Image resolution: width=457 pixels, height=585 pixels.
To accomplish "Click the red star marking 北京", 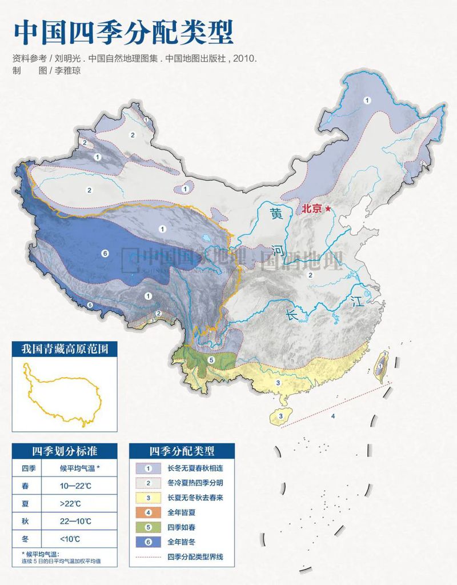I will [328, 210].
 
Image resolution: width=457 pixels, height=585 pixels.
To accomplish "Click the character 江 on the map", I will [358, 302].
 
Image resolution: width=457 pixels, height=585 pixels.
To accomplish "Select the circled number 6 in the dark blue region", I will [105, 253].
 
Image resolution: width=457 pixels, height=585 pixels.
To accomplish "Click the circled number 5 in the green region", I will [211, 359].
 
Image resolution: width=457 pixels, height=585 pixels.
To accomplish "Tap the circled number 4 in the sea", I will [332, 416].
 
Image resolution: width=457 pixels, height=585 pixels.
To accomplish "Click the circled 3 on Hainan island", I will [280, 416].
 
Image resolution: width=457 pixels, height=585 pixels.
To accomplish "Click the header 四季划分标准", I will [65, 451].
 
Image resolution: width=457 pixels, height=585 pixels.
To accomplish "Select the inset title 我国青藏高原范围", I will [65, 349].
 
